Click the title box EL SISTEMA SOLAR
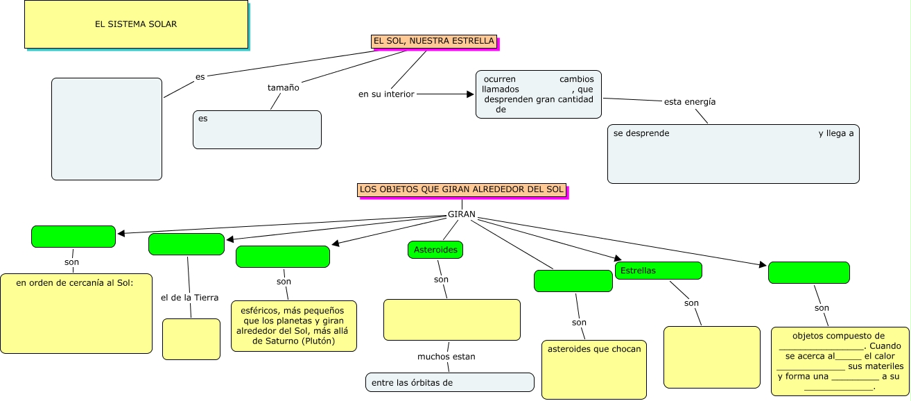[136, 24]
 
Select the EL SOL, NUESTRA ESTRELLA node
[434, 42]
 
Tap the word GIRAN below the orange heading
[462, 214]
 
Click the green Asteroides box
[435, 250]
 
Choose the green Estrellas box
[658, 271]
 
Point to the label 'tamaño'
[284, 88]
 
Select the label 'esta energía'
[690, 102]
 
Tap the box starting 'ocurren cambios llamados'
[539, 94]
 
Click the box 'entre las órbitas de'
[450, 382]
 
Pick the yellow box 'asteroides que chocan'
[594, 369]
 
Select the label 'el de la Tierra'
[189, 298]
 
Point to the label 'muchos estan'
[446, 357]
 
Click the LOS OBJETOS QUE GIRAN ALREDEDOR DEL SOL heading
[462, 189]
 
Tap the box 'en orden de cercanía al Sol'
[76, 314]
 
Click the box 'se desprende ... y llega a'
[733, 154]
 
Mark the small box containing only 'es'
[257, 130]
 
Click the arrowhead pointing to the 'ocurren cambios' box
[469, 94]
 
